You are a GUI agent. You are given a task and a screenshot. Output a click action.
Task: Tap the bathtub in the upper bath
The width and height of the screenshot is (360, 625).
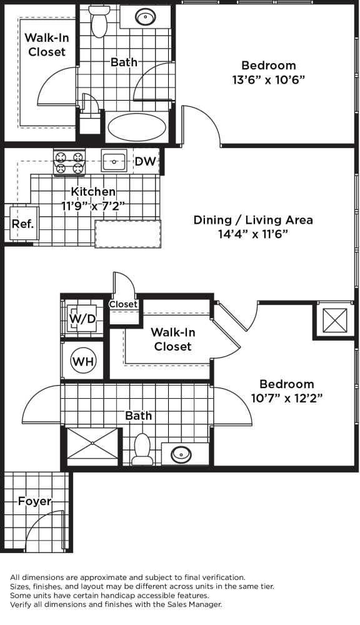[x=137, y=127]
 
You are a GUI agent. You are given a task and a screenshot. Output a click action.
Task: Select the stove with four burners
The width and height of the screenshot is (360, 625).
[x=69, y=162]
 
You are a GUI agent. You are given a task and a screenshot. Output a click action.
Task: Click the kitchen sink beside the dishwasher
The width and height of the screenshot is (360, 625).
[x=114, y=161]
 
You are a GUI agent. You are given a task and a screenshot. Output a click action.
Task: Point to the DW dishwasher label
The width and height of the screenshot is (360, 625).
[x=145, y=161]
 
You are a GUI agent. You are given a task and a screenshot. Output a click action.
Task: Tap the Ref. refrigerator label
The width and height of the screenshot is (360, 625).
[x=22, y=224]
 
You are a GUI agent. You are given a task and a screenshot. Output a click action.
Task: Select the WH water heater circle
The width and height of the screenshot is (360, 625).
[x=83, y=361]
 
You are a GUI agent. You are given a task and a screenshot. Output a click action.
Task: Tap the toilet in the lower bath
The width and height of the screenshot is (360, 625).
[x=142, y=449]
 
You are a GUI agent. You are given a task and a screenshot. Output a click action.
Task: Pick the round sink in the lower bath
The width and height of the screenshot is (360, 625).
[x=181, y=454]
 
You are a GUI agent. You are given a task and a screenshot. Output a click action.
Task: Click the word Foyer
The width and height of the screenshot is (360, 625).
[x=34, y=501]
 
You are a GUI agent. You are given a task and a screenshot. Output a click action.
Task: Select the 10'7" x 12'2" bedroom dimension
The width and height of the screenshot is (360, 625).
[x=287, y=398]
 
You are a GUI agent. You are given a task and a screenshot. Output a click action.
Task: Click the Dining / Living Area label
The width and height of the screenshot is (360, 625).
[x=253, y=220]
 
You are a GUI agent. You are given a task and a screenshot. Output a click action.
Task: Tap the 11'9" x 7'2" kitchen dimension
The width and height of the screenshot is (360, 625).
[x=93, y=206]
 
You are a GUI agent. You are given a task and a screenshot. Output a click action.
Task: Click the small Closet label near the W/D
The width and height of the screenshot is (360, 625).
[x=123, y=304]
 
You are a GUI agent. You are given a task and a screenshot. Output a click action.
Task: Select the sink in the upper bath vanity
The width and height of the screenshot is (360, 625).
[x=145, y=17]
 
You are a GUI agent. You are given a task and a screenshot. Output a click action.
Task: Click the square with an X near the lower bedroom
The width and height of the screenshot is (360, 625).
[x=334, y=320]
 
